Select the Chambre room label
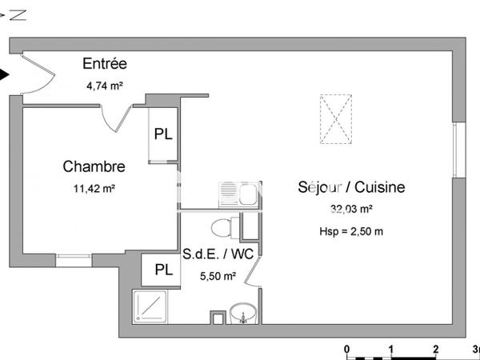click(x=94, y=167)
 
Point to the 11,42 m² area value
click(x=94, y=189)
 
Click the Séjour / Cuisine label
click(x=351, y=188)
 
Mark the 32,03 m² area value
click(x=350, y=210)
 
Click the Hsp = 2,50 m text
click(x=351, y=231)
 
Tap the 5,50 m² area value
click(x=218, y=277)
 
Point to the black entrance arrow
click(x=5, y=76)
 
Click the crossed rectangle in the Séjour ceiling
click(x=336, y=119)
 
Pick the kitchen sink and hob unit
click(x=238, y=194)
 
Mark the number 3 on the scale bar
click(x=476, y=350)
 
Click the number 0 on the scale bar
click(x=347, y=350)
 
